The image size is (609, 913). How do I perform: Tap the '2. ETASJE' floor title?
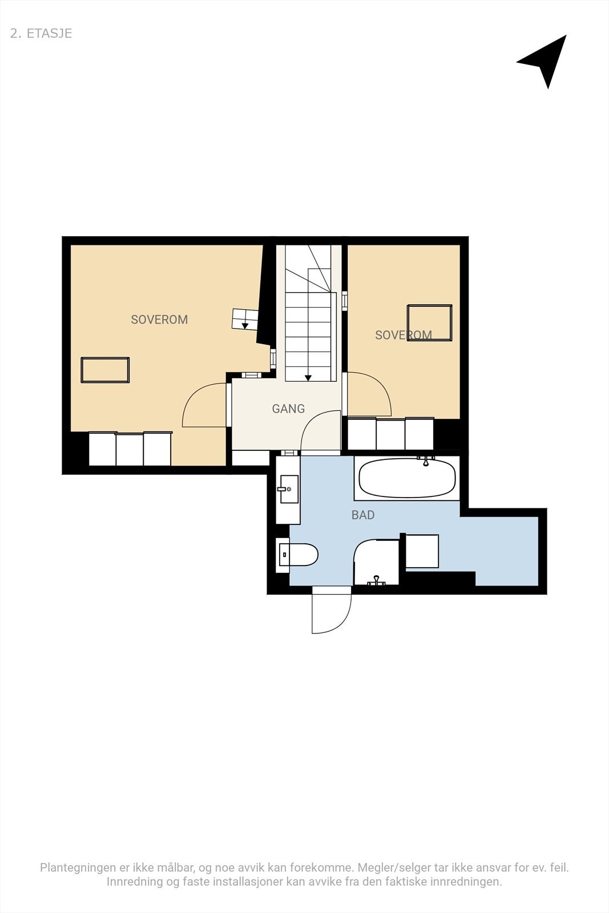click(x=41, y=33)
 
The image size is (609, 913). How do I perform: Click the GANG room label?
click(x=288, y=409)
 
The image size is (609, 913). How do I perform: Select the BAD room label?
click(x=363, y=515)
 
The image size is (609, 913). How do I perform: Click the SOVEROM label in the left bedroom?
click(x=159, y=320)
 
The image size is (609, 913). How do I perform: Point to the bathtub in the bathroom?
click(x=407, y=478)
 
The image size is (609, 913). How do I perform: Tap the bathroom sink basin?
click(x=288, y=489)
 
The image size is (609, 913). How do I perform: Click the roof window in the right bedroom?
click(x=430, y=323)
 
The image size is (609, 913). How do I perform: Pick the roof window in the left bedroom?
click(x=105, y=370)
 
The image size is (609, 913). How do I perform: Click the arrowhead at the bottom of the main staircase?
click(x=308, y=377)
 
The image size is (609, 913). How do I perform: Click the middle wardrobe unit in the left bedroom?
click(x=130, y=450)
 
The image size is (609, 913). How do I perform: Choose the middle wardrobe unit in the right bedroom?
click(x=390, y=434)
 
